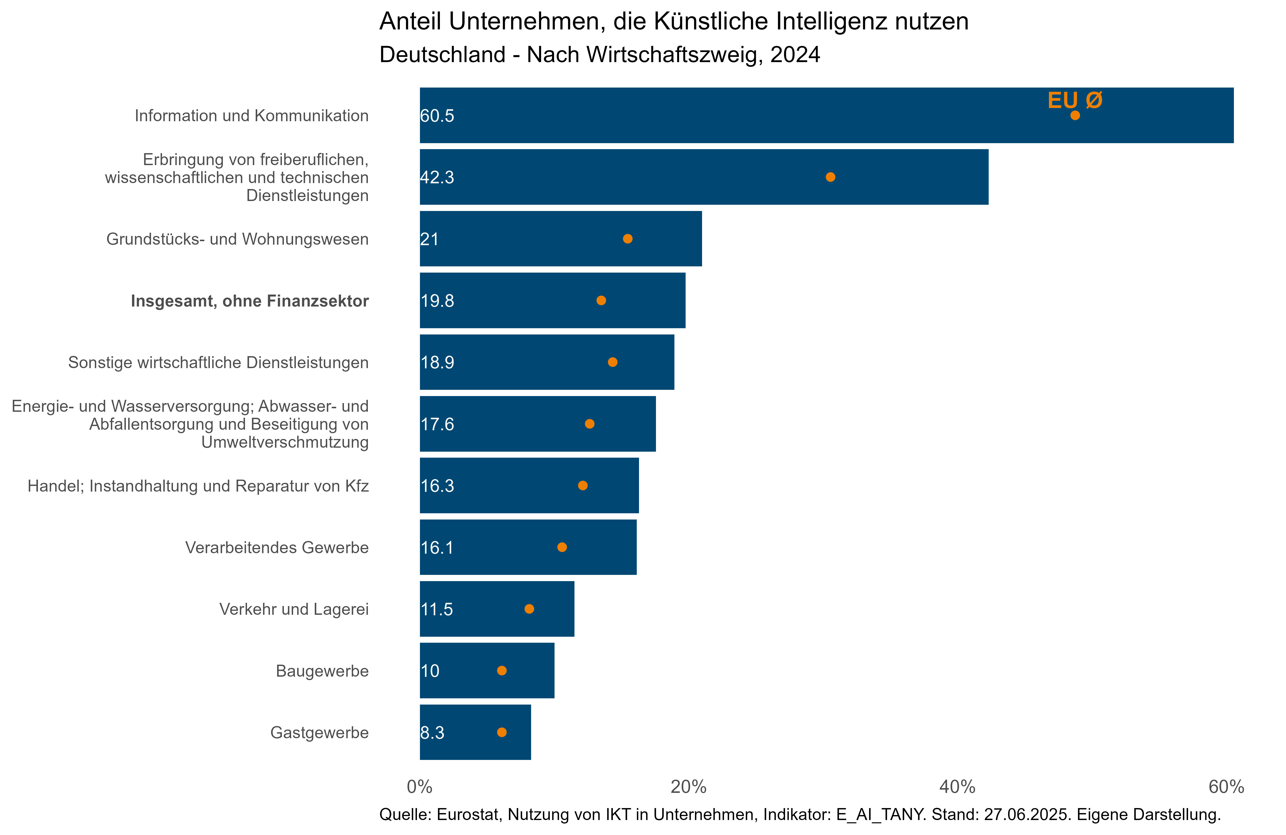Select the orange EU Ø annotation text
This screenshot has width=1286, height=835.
(x=1074, y=100)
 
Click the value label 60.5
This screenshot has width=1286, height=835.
(x=437, y=116)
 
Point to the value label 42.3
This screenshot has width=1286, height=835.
(x=437, y=177)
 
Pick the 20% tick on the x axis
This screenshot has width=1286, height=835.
(x=688, y=787)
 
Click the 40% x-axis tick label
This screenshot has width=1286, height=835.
(x=957, y=787)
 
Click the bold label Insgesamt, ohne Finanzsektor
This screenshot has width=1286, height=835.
(x=250, y=301)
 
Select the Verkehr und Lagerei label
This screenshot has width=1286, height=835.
(x=294, y=609)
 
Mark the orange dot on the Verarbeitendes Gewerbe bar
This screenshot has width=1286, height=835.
(x=562, y=547)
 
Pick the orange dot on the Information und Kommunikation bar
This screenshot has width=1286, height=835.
(x=1075, y=115)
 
